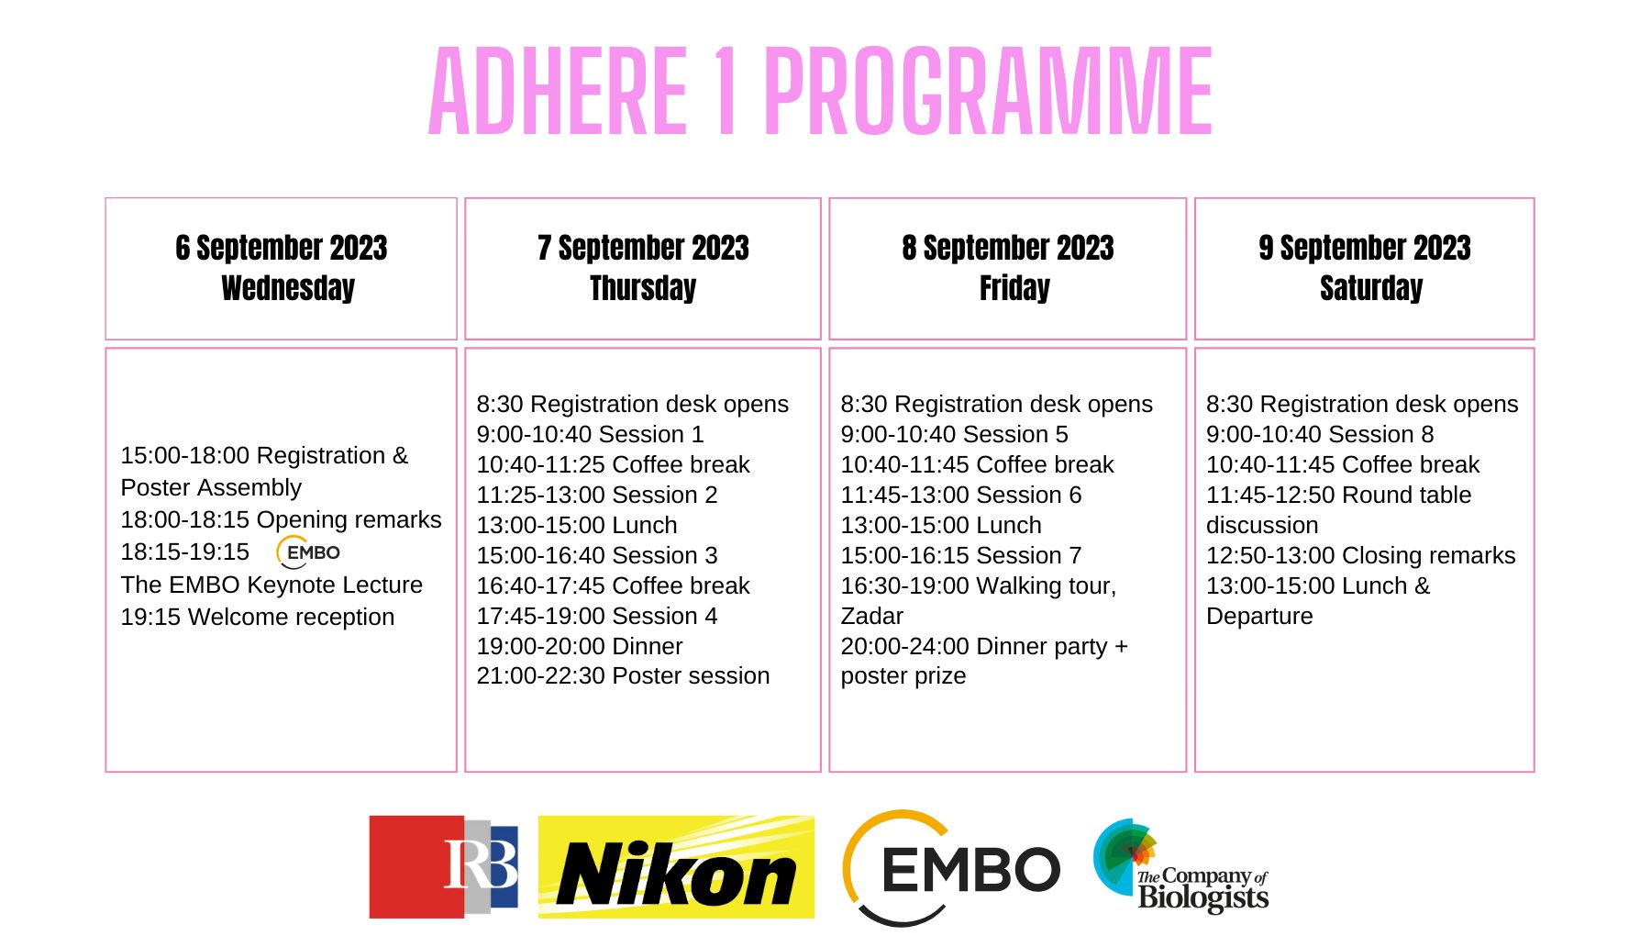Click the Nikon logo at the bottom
click(676, 867)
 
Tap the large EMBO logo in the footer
click(951, 868)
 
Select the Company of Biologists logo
click(1180, 867)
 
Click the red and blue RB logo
click(444, 867)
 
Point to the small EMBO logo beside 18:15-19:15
click(308, 552)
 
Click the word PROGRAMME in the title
click(989, 92)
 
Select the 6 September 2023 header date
click(282, 248)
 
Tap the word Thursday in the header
click(643, 288)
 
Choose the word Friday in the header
click(1014, 288)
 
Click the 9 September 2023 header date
click(1365, 248)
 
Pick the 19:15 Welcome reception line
click(258, 617)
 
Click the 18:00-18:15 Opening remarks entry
click(282, 519)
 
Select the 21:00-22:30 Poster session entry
click(623, 675)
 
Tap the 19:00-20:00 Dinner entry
click(580, 646)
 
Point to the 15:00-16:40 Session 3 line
click(597, 555)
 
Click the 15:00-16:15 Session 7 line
click(961, 555)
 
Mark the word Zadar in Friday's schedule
click(872, 616)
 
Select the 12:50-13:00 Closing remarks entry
click(1361, 555)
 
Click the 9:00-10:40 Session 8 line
click(1320, 434)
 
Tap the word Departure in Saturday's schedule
click(1259, 616)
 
